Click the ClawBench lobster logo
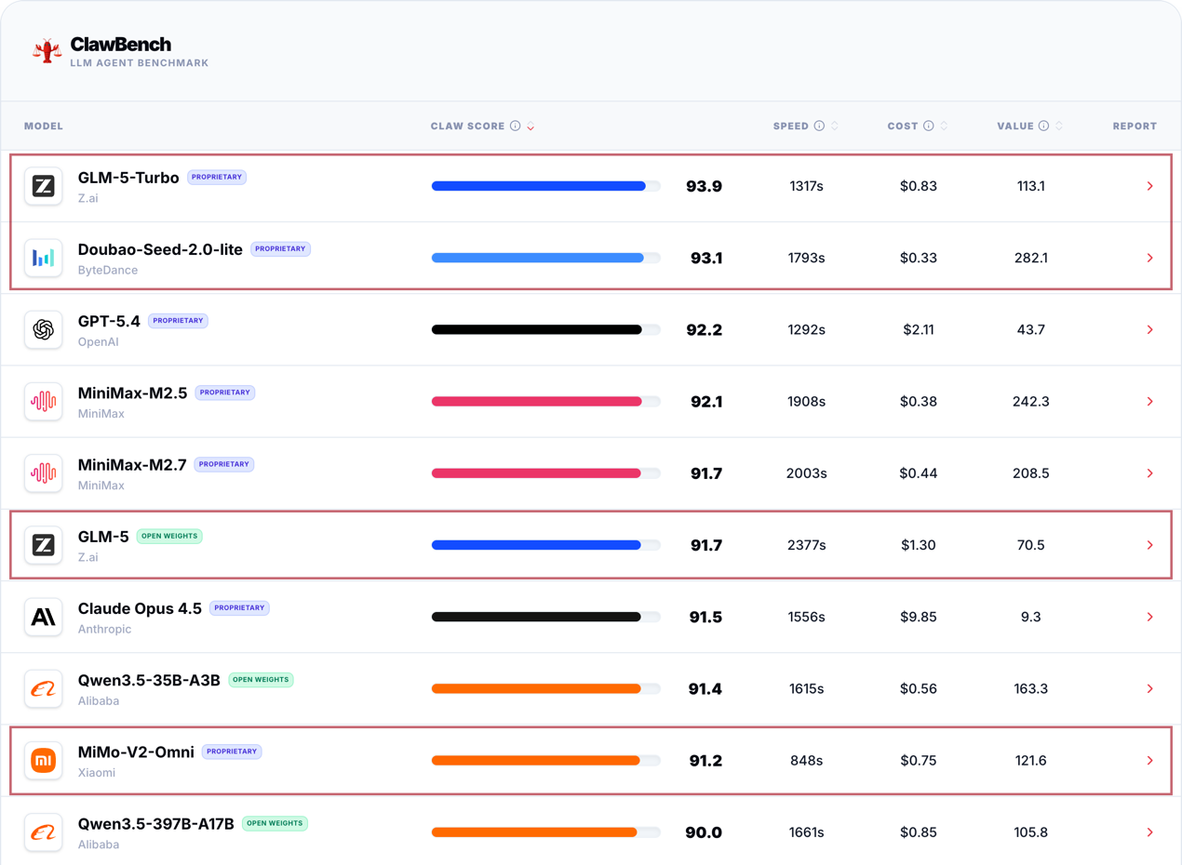click(47, 51)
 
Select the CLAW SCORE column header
click(467, 126)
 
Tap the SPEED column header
click(790, 126)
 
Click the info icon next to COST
click(928, 126)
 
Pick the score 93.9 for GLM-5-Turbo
click(704, 187)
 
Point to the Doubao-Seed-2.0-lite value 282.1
click(1030, 259)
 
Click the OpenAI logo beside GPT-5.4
click(44, 330)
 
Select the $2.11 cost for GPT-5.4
click(918, 330)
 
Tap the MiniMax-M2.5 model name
click(132, 393)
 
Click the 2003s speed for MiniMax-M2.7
click(806, 473)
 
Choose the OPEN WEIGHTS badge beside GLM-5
click(169, 537)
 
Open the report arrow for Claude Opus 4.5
click(1150, 618)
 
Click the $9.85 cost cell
click(918, 618)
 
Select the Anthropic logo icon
click(44, 618)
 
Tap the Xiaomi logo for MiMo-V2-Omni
click(44, 761)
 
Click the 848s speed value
click(806, 761)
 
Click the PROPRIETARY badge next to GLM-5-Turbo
click(217, 178)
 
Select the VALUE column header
click(1015, 126)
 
